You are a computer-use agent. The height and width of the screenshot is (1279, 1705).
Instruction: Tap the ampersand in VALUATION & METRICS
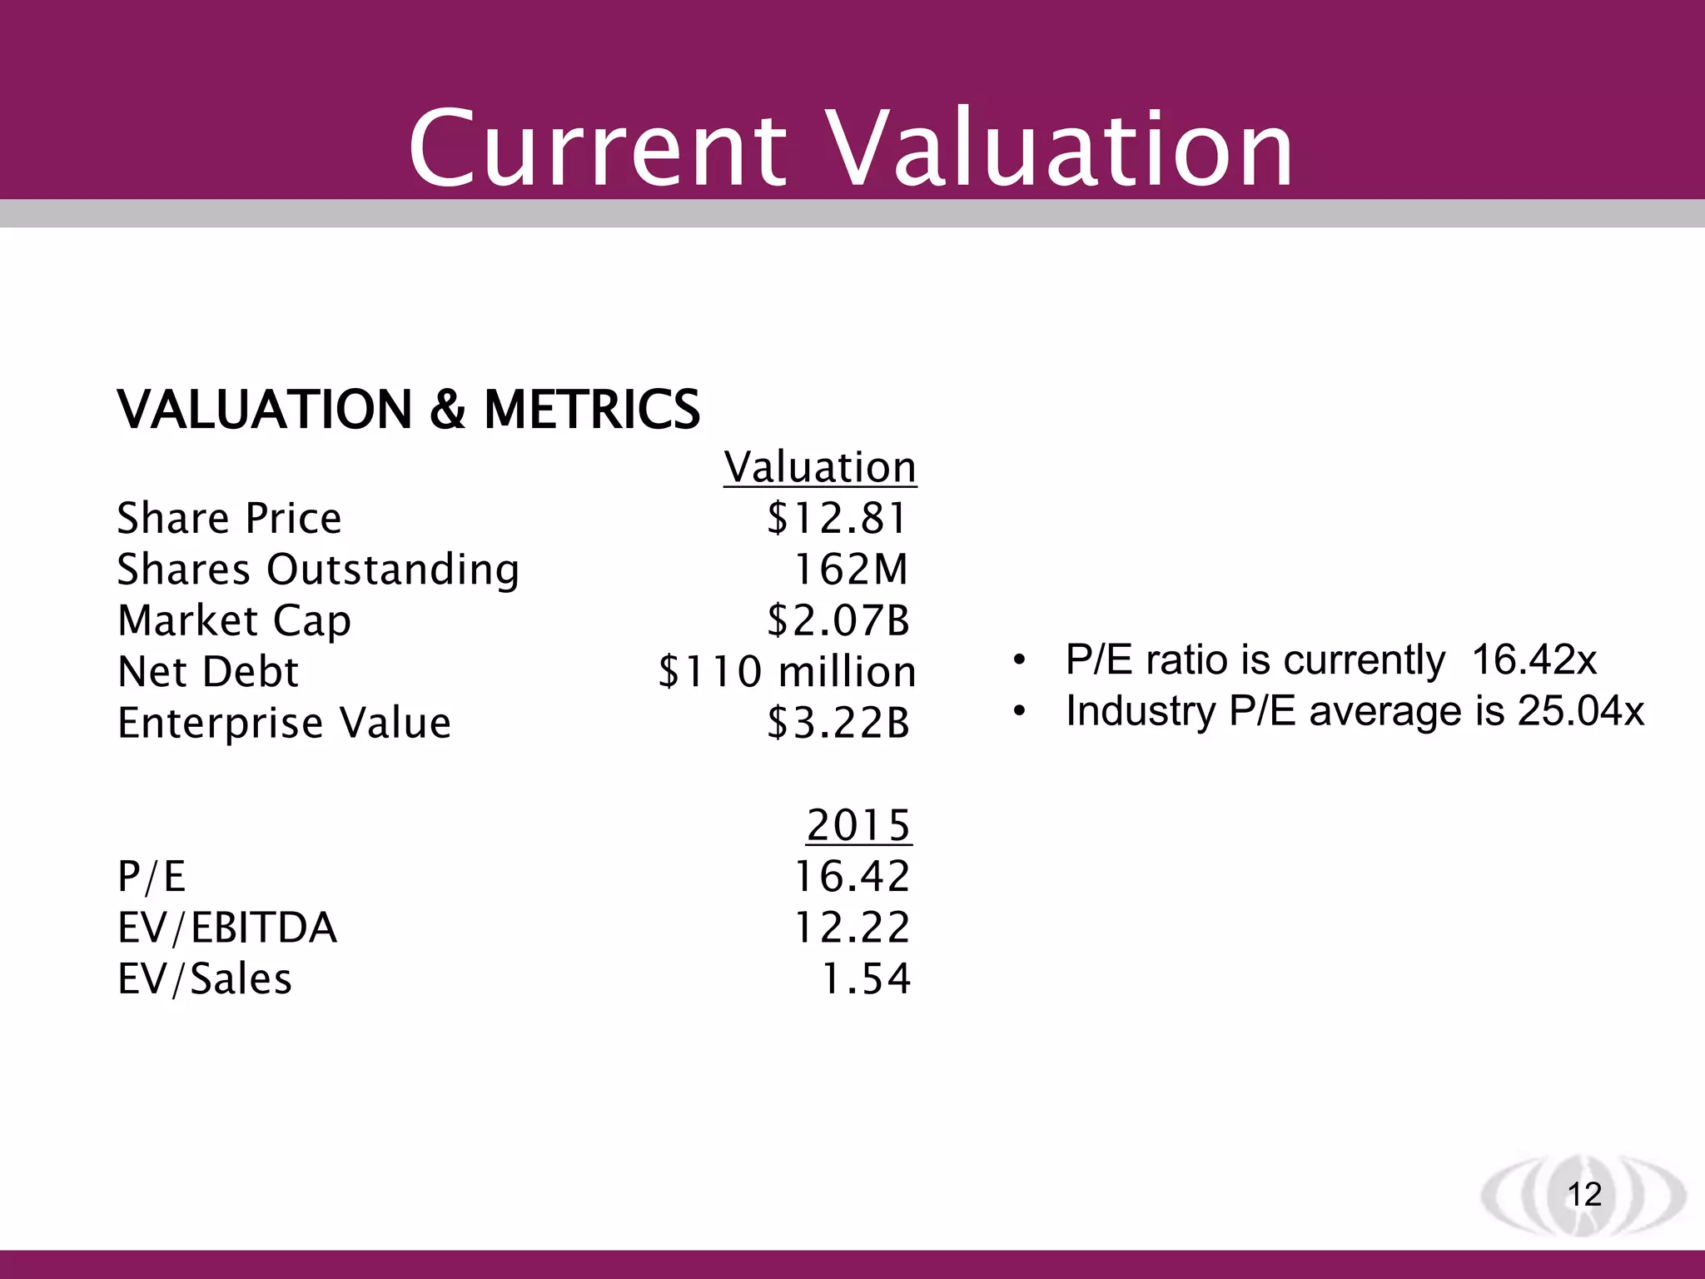click(x=448, y=410)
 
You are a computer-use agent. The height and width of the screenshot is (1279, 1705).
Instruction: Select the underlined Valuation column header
click(x=820, y=466)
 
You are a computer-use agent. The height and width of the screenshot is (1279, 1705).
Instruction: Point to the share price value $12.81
click(x=837, y=518)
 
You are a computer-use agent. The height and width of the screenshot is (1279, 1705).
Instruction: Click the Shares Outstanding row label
click(x=318, y=570)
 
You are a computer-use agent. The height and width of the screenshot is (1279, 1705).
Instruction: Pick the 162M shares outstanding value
click(x=851, y=570)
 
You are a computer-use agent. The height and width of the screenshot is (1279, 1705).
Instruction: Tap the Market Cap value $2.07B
click(x=838, y=620)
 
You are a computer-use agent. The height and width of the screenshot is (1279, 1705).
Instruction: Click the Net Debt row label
click(x=208, y=672)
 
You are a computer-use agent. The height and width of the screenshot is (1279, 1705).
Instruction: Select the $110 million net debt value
click(x=787, y=672)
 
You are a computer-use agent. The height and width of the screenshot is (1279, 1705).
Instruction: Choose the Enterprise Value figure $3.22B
click(x=838, y=723)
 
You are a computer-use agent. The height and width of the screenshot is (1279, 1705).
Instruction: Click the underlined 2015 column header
click(x=858, y=825)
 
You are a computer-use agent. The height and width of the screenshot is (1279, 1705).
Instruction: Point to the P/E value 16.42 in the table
click(x=852, y=876)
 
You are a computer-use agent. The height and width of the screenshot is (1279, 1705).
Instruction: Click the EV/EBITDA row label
click(x=227, y=928)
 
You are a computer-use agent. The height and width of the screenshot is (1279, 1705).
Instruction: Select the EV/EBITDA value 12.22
click(x=852, y=928)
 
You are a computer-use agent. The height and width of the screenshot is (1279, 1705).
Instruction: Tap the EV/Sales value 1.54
click(x=866, y=978)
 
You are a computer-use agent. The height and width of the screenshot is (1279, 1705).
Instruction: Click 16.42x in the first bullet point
click(x=1534, y=659)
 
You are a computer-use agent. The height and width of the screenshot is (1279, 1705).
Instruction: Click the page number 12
click(x=1584, y=1194)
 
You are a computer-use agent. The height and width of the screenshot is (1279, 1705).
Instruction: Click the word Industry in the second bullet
click(x=1140, y=711)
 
